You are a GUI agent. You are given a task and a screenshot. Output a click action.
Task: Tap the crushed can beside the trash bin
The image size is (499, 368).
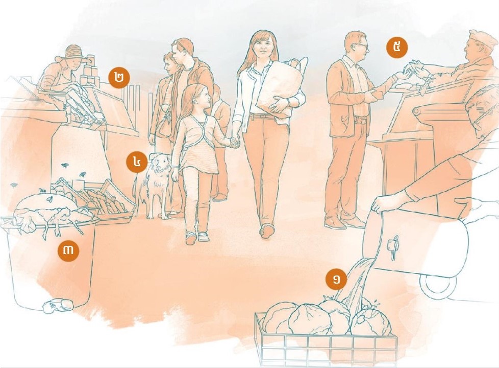pyautogui.click(x=58, y=306)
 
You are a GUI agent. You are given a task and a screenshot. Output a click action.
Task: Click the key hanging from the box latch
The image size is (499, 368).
pyautogui.click(x=394, y=247)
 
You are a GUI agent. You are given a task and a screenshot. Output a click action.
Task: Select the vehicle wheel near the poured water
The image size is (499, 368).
pyautogui.click(x=437, y=285)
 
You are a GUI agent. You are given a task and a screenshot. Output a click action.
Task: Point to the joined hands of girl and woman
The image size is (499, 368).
pyautogui.click(x=235, y=141)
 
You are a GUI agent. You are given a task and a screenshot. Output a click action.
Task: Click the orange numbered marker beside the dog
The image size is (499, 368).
pyautogui.click(x=137, y=162)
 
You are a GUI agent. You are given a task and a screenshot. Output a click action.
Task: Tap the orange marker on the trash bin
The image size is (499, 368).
pyautogui.click(x=68, y=250)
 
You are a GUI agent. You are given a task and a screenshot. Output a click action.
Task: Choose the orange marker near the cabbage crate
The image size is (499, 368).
pyautogui.click(x=336, y=280)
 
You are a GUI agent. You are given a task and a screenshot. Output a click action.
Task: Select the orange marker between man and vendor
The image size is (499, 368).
pyautogui.click(x=397, y=48)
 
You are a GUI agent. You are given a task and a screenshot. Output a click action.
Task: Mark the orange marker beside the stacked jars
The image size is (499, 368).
pyautogui.click(x=119, y=78)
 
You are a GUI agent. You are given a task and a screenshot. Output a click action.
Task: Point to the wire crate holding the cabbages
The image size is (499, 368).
pyautogui.click(x=326, y=339)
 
